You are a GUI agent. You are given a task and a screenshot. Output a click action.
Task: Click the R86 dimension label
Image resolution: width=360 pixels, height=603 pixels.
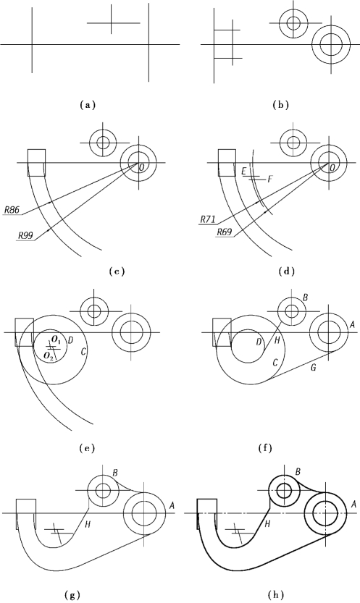(11, 210)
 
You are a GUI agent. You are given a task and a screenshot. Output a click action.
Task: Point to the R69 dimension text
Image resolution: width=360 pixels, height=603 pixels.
(224, 232)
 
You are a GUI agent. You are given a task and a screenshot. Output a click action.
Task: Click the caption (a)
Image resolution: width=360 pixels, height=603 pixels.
(87, 104)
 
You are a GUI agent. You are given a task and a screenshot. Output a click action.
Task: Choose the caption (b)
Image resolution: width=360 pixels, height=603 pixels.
(281, 104)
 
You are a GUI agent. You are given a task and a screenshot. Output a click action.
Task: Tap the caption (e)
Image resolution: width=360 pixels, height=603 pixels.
(87, 447)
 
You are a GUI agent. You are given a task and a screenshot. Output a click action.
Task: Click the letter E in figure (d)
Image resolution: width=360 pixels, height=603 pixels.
(244, 171)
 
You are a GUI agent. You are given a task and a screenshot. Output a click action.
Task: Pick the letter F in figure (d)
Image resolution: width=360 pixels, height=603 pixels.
(269, 180)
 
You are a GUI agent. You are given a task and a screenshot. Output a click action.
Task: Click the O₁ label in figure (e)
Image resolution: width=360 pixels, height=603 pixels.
(56, 340)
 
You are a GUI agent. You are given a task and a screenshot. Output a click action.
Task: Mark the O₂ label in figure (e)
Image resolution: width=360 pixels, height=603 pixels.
(49, 355)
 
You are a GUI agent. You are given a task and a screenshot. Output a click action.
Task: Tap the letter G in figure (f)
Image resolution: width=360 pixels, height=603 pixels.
(314, 368)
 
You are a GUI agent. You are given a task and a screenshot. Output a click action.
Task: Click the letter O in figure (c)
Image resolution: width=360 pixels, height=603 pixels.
(141, 167)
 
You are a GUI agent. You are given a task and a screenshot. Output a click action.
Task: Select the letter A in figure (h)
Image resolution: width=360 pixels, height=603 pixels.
(354, 503)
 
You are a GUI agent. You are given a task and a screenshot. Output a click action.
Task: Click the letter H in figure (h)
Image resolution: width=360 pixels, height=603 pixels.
(268, 523)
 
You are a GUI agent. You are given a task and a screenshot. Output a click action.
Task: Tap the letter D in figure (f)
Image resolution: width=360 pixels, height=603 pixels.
(259, 342)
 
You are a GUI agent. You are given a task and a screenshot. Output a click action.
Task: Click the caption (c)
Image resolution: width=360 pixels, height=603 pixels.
(117, 271)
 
